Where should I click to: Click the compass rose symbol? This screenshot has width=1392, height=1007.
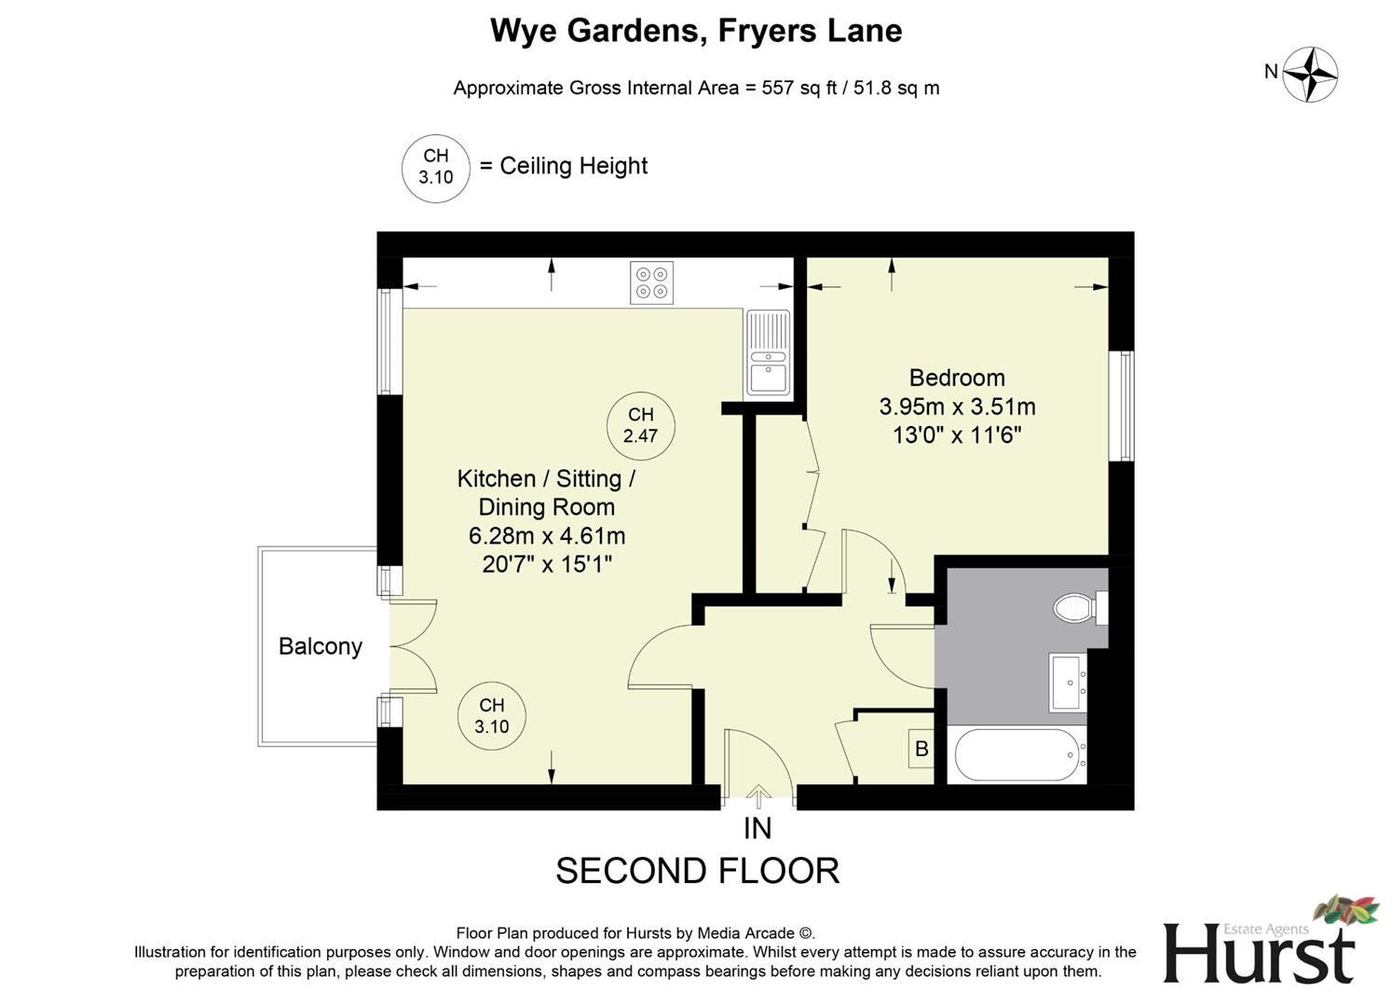tap(1310, 74)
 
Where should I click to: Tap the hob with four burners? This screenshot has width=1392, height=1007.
tap(651, 283)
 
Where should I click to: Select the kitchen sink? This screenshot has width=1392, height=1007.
tap(769, 354)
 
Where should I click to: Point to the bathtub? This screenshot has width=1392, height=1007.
tap(1016, 755)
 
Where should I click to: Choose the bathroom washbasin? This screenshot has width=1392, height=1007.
tap(1068, 683)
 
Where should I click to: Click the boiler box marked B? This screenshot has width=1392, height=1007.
tap(921, 749)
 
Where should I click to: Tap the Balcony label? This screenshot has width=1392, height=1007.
tap(320, 646)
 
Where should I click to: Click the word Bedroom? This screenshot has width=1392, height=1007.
tap(957, 378)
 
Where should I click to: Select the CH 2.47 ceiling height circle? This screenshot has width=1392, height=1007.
tap(640, 425)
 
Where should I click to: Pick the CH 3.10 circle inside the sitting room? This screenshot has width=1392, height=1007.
tap(492, 716)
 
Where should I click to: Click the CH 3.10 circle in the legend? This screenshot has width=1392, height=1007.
tap(435, 167)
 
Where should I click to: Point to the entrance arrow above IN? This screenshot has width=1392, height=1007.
tap(758, 796)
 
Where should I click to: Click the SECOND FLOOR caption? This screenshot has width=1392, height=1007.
tap(697, 871)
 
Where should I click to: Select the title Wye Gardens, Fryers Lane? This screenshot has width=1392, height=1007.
tap(696, 31)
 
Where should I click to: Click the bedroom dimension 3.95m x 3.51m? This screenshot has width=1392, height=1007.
tap(957, 407)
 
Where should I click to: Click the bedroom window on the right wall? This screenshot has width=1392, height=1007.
tap(1126, 406)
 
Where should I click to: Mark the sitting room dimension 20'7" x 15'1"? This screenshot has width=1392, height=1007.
tap(547, 564)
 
